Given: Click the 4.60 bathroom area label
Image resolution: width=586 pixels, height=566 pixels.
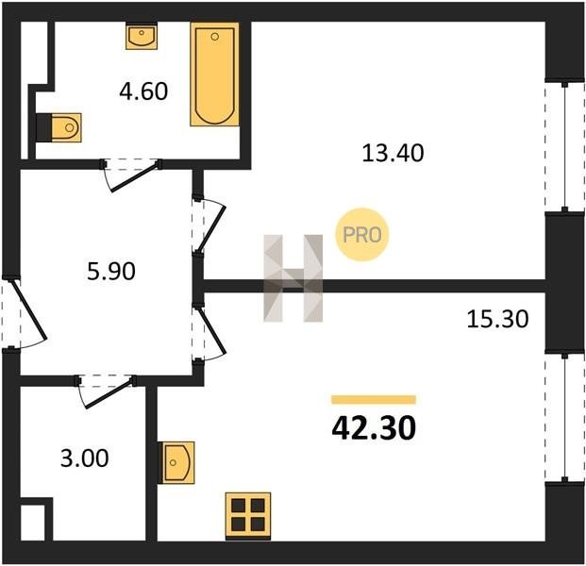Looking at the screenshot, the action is point(143,92).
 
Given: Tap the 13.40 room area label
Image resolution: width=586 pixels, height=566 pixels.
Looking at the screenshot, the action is point(393,153).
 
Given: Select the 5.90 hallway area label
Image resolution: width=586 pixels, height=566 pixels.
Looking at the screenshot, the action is point(111,272).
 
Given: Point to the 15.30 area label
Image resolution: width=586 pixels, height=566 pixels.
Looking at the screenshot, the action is point(497,320).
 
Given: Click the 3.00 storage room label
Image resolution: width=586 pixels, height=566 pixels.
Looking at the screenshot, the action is point(85,458).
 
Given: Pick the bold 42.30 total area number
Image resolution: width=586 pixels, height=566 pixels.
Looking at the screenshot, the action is point(374,428).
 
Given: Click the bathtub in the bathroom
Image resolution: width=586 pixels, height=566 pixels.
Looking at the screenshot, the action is point(214,74).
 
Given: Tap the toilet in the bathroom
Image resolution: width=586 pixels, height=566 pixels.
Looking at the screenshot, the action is point(59,127).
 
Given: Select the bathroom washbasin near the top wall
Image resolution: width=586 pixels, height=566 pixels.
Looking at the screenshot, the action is point(142,36).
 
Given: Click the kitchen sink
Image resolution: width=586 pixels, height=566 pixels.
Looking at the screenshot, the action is point(176,462).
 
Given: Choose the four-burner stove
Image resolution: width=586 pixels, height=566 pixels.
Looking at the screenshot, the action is point(248,516).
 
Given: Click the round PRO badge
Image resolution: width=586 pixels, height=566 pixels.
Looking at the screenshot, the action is point(362,235).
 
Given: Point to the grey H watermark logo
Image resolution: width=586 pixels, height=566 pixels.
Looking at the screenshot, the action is point(293,278).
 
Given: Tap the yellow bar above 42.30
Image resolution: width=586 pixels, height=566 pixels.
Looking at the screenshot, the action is point(374,400).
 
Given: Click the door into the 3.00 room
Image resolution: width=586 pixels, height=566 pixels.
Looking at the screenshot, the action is point(109,394).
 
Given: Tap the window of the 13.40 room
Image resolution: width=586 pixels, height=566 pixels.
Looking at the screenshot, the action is point(564,146).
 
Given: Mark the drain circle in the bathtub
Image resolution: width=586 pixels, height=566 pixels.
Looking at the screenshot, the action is point(214,37).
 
